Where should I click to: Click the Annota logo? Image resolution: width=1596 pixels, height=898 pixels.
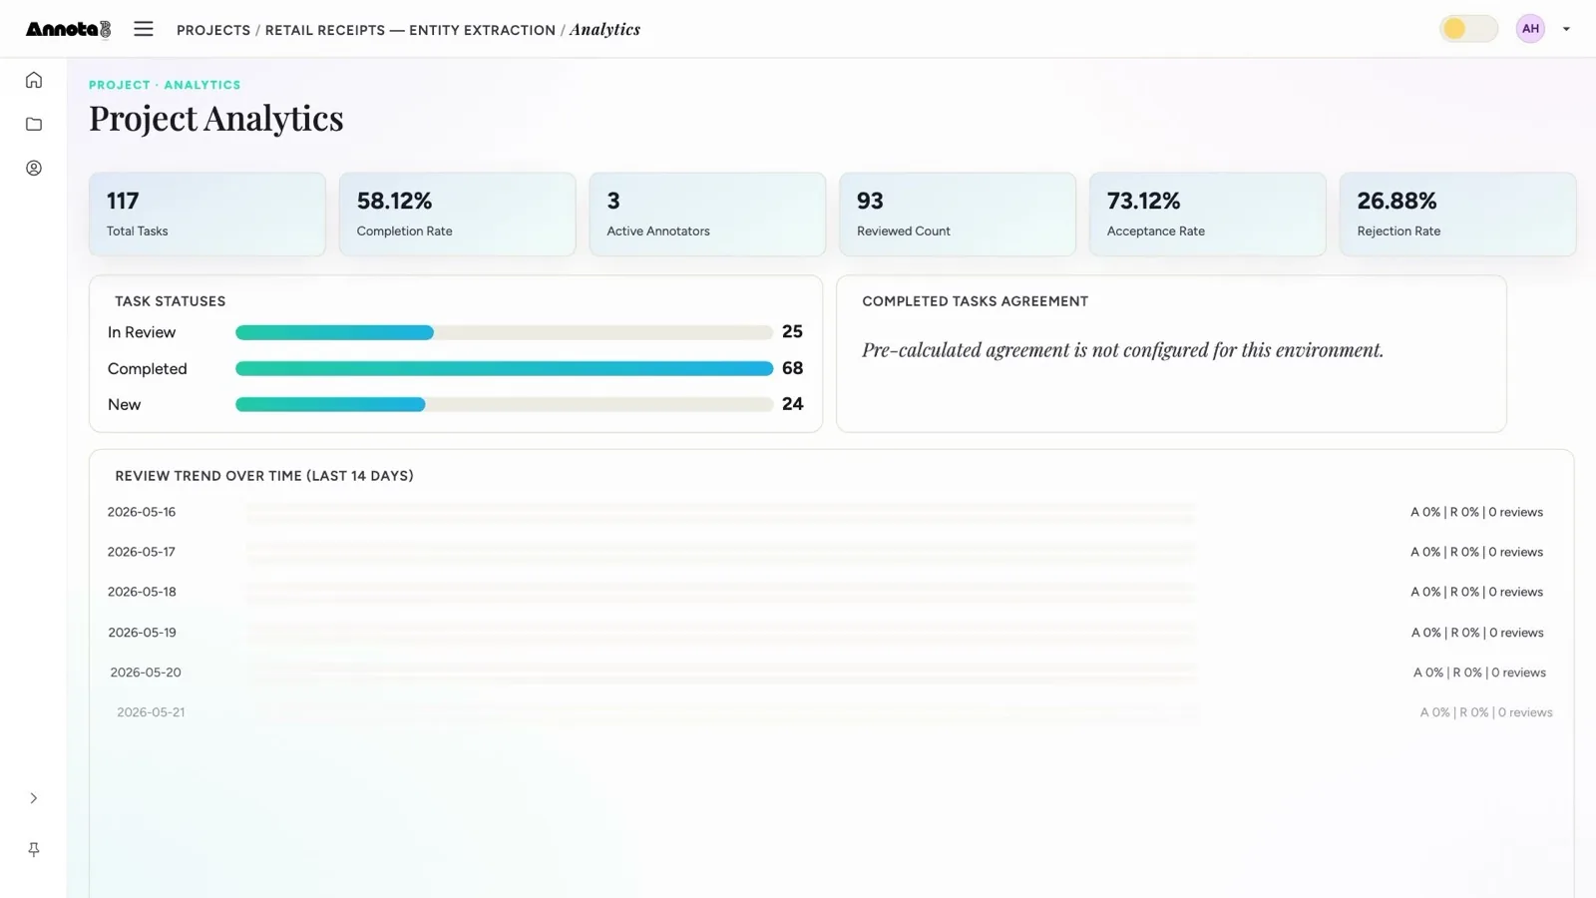pyautogui.click(x=69, y=29)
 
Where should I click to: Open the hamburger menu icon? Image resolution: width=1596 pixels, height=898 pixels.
pyautogui.click(x=144, y=29)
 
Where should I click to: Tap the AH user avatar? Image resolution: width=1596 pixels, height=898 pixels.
pyautogui.click(x=1530, y=29)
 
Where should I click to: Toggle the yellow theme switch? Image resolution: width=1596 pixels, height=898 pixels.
pyautogui.click(x=1468, y=29)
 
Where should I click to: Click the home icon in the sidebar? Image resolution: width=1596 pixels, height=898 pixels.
pyautogui.click(x=34, y=80)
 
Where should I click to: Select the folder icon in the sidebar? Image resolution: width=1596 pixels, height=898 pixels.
pyautogui.click(x=34, y=124)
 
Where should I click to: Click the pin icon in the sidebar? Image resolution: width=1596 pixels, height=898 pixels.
pyautogui.click(x=34, y=849)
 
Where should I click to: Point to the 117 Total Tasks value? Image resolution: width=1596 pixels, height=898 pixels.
pyautogui.click(x=123, y=201)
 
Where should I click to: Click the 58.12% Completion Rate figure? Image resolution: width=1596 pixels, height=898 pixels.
pyautogui.click(x=394, y=201)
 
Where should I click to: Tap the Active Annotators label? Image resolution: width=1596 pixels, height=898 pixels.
pyautogui.click(x=657, y=230)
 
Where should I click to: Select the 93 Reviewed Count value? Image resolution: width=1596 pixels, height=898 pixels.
pyautogui.click(x=870, y=201)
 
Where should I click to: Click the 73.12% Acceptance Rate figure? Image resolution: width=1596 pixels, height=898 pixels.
pyautogui.click(x=1143, y=201)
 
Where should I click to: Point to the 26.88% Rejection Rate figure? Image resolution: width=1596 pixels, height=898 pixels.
pyautogui.click(x=1396, y=201)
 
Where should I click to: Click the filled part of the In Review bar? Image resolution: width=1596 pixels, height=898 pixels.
pyautogui.click(x=334, y=333)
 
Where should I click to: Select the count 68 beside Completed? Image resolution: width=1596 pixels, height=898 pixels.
pyautogui.click(x=792, y=368)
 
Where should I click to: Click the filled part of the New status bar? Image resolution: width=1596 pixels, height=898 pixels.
pyautogui.click(x=330, y=405)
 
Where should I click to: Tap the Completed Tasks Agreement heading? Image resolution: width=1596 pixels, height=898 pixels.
pyautogui.click(x=975, y=301)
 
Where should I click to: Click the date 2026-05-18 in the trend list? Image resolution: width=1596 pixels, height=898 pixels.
pyautogui.click(x=141, y=592)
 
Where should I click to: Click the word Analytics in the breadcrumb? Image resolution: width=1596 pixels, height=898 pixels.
pyautogui.click(x=604, y=29)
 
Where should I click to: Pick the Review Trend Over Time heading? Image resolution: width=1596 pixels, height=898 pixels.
pyautogui.click(x=264, y=475)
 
